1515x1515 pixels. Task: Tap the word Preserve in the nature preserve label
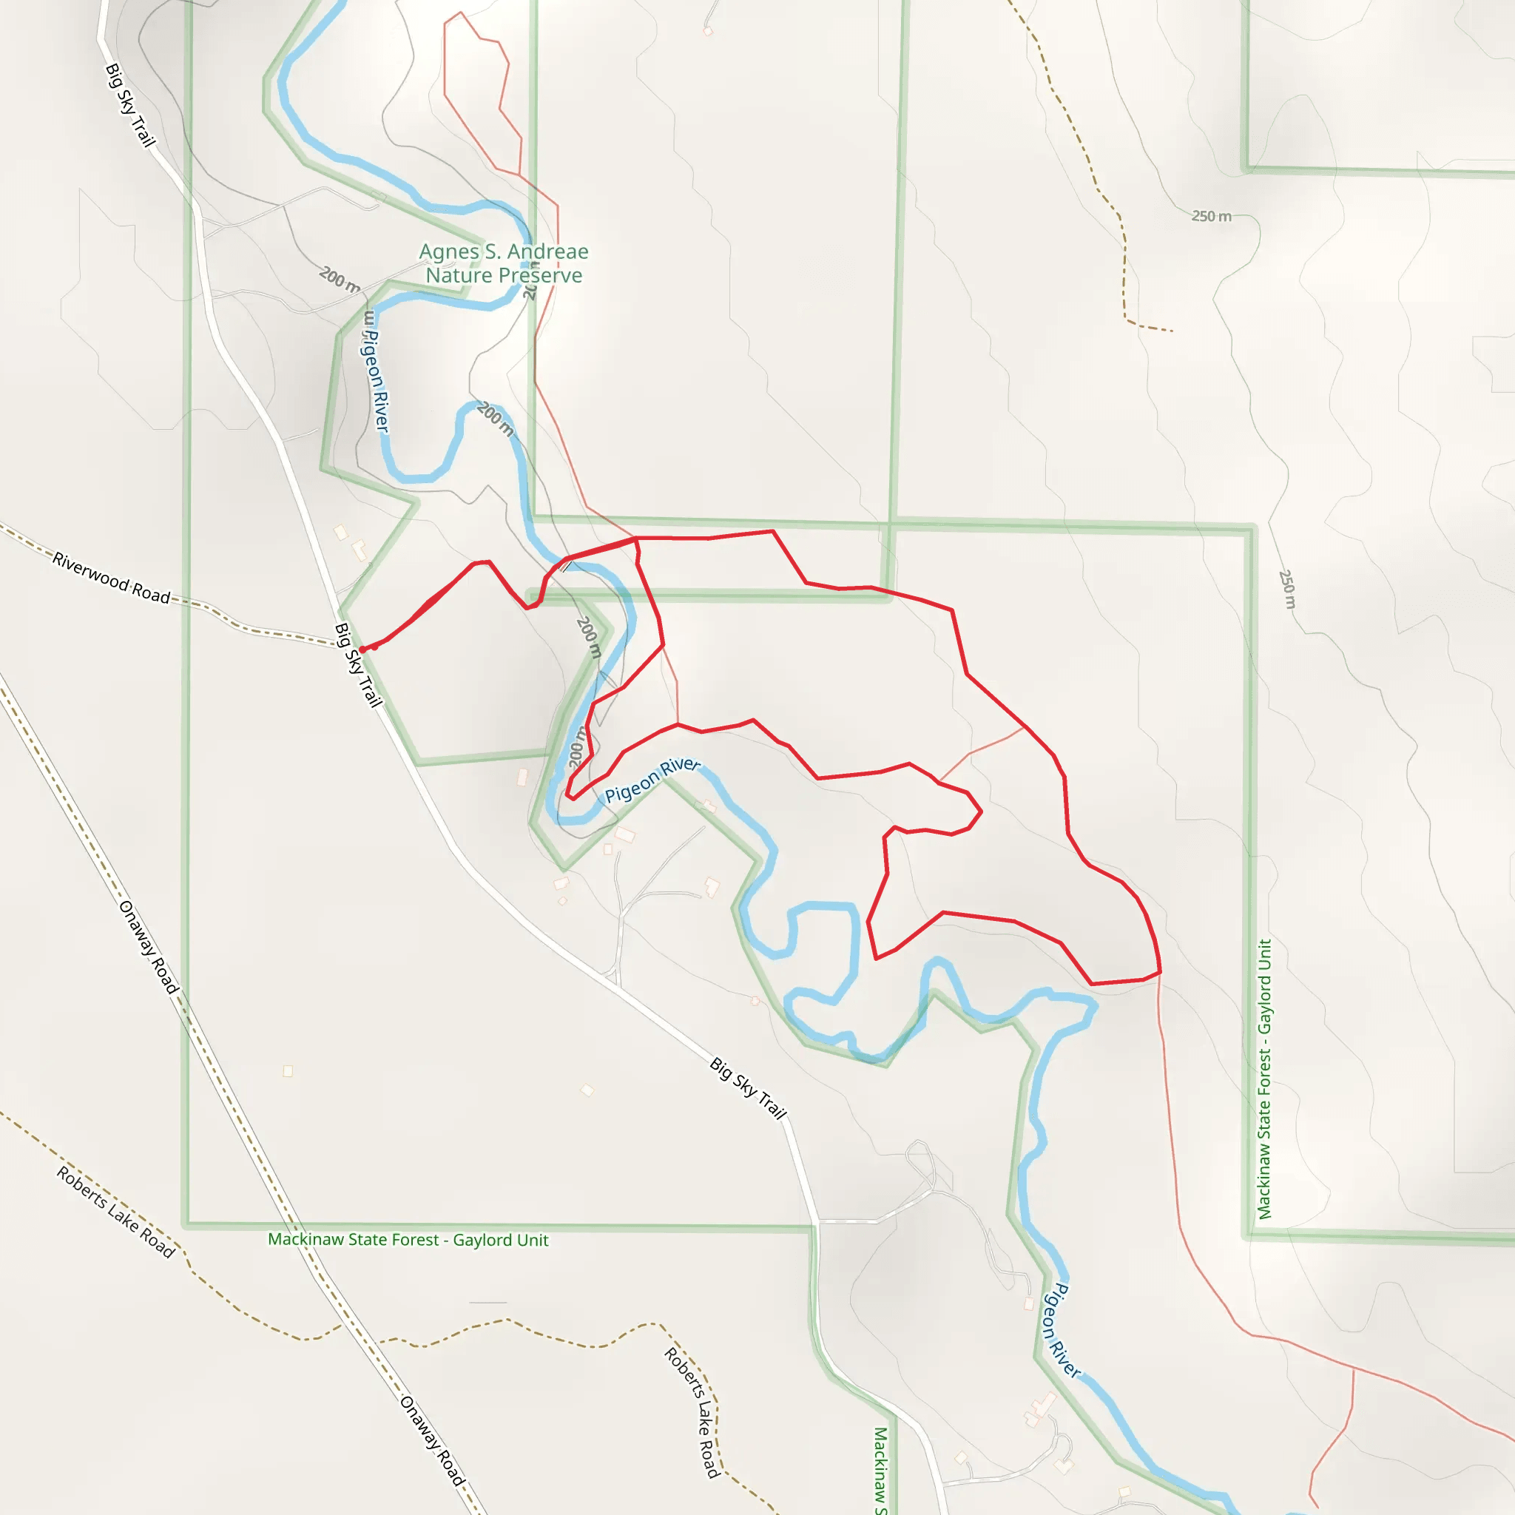(543, 275)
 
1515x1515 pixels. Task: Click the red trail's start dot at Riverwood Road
(362, 649)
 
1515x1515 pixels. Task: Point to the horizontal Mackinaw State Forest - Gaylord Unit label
(408, 1240)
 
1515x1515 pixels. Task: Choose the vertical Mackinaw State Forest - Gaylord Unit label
(1264, 1079)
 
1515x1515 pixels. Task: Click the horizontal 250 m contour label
(1211, 217)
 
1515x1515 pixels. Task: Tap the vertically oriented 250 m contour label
(1288, 590)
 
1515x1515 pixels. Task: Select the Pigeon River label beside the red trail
(652, 780)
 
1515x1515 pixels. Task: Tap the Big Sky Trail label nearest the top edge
(130, 105)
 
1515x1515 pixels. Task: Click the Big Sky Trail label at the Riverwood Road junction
(358, 665)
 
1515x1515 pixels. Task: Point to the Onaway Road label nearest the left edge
(148, 948)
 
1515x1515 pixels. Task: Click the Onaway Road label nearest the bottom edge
(432, 1440)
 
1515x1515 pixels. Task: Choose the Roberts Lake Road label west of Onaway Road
(115, 1212)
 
